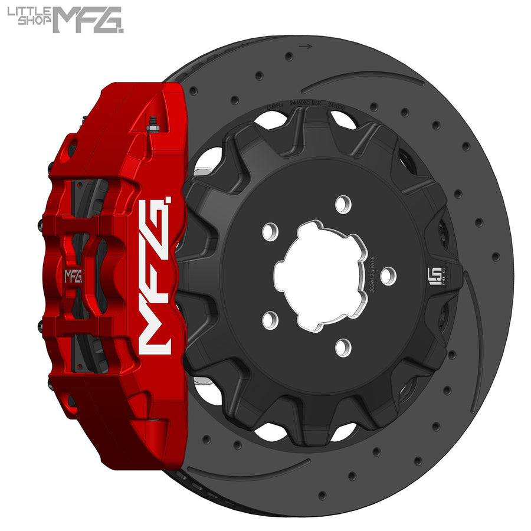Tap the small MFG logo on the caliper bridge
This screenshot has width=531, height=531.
[74, 276]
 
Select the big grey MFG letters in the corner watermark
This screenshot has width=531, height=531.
[88, 19]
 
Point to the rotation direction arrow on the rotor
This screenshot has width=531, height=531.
[305, 45]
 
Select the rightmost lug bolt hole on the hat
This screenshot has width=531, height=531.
[388, 276]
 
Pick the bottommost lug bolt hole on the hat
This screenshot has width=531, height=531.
[343, 348]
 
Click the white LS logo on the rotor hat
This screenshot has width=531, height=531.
[432, 276]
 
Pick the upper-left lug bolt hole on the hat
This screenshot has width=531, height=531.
[270, 231]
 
